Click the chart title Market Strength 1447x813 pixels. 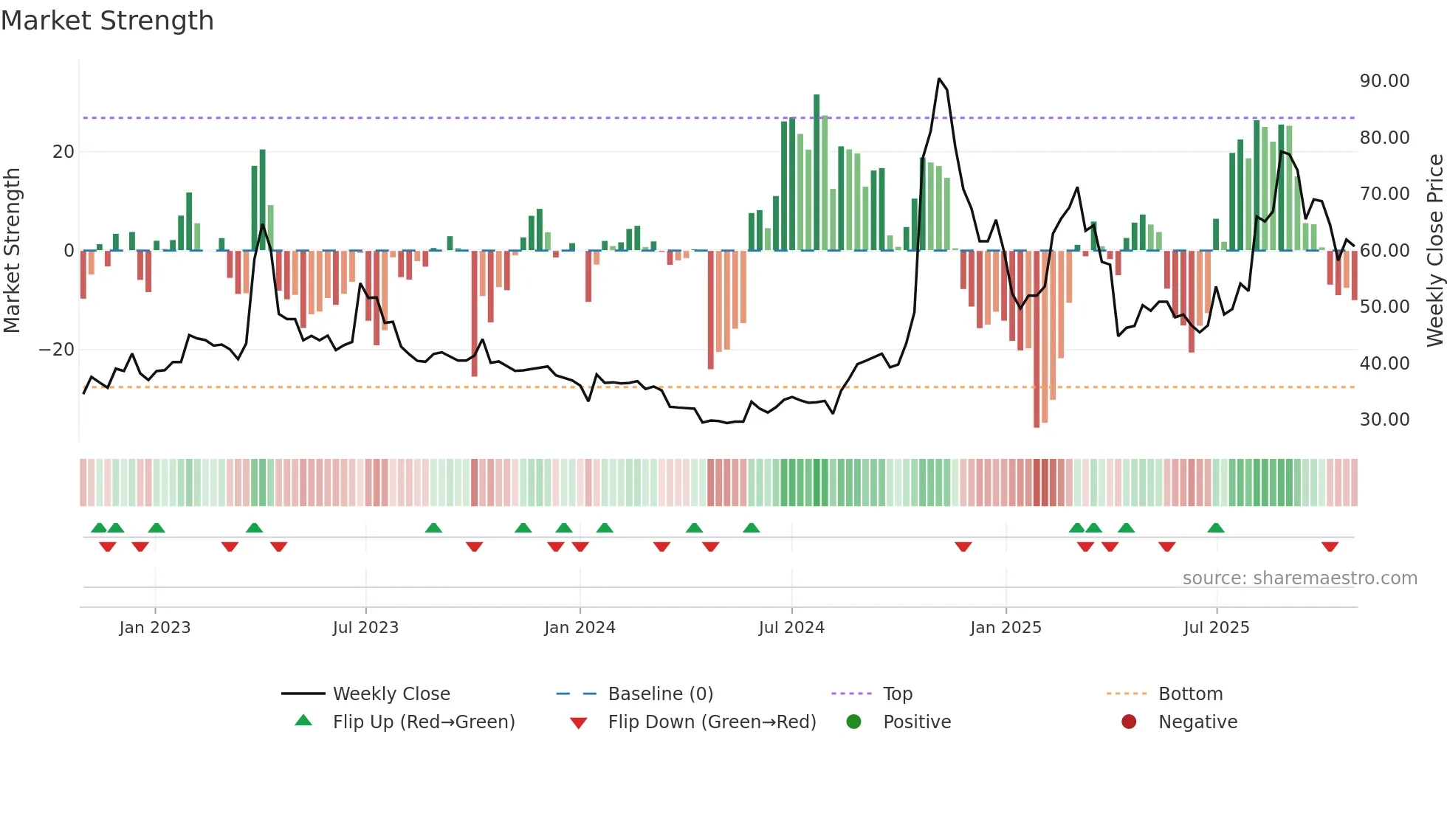pos(107,21)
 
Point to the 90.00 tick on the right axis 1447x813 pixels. pos(1384,81)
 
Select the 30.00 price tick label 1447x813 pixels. pos(1384,420)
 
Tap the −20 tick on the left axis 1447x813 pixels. pos(57,350)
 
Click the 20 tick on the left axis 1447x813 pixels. pos(63,152)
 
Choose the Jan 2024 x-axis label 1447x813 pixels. pos(580,628)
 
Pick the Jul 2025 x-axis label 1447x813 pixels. pos(1216,628)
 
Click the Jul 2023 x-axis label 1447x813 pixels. pos(365,628)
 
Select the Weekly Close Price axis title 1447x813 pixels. pos(1434,250)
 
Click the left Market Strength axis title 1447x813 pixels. pos(13,250)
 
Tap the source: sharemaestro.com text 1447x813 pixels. pos(1299,578)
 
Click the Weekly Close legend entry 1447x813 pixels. pos(391,694)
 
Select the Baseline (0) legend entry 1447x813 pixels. pos(660,694)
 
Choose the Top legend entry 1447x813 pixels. pos(898,694)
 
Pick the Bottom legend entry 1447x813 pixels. pos(1190,694)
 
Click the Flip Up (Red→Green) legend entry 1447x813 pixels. pos(423,722)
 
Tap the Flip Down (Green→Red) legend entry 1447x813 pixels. pos(712,722)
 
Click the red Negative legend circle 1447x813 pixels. pos(1129,722)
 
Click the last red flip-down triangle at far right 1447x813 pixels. pos(1330,547)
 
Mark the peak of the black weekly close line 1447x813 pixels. pos(939,78)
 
